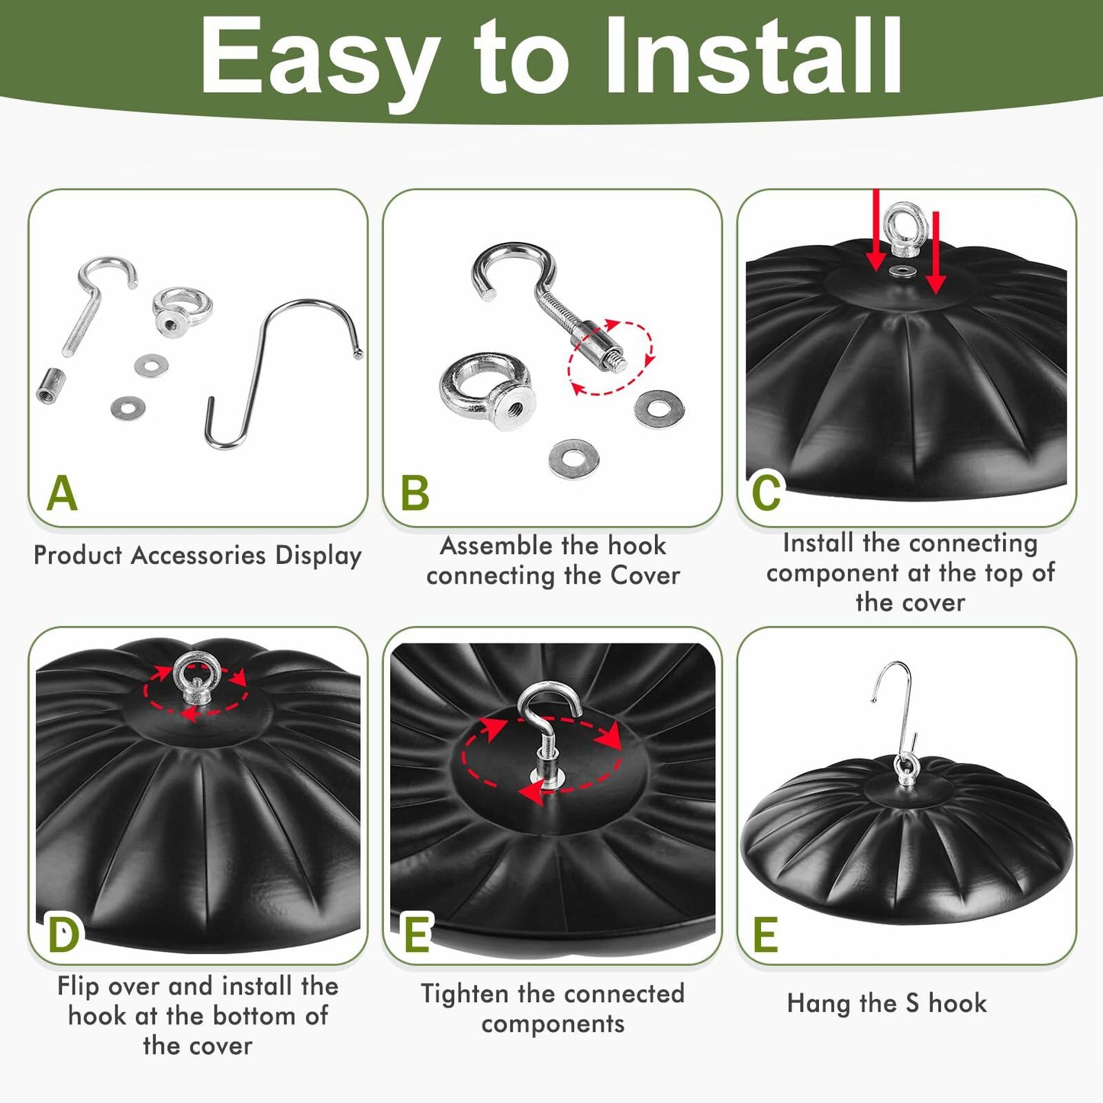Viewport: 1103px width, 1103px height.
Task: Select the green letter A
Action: point(62,493)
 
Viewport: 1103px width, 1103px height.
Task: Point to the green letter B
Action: point(415,493)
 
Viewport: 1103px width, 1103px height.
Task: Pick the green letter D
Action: point(63,934)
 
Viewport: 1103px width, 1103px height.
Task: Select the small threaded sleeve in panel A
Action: point(50,385)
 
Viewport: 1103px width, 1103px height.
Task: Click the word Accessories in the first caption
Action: point(198,555)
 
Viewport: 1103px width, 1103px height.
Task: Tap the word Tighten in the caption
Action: point(464,994)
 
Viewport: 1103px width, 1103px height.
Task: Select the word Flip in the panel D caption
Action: point(79,987)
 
